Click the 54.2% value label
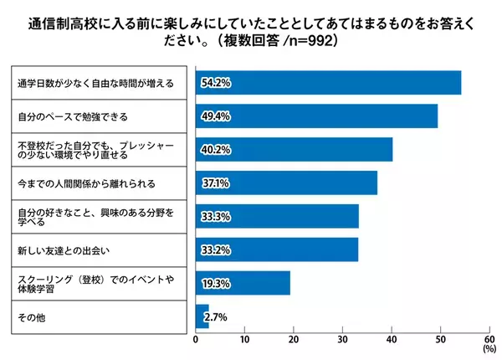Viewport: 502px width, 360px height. tap(213, 83)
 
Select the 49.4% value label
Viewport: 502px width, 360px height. tap(213, 116)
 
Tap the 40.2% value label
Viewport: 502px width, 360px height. tap(213, 150)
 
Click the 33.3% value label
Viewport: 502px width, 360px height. tap(213, 216)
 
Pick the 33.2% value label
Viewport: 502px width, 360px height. tap(213, 249)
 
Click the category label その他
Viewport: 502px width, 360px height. tap(31, 316)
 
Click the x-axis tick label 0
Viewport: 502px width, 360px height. tap(196, 340)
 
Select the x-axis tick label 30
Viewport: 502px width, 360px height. tap(343, 340)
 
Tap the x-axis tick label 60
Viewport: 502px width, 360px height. tap(489, 340)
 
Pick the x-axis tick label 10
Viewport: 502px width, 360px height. tap(245, 340)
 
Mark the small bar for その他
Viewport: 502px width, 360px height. tap(202, 316)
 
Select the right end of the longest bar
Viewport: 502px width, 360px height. tap(460, 83)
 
